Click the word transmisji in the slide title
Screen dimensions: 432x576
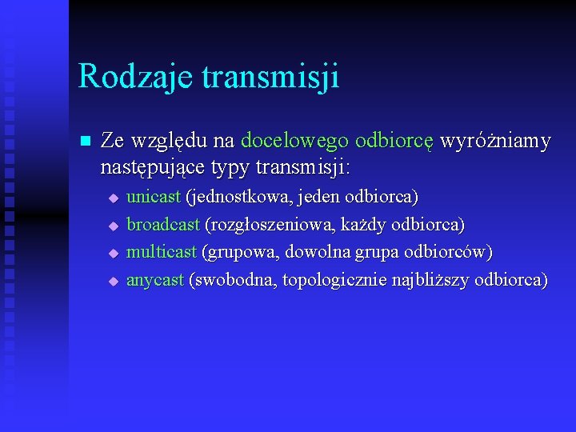coord(270,78)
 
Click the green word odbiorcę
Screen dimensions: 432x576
coord(394,142)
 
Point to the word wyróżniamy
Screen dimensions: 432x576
coord(496,142)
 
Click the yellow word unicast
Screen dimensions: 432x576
coord(154,196)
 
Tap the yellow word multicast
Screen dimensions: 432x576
coord(161,252)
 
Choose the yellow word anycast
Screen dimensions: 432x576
coord(155,280)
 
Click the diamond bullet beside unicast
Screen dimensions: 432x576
coord(114,197)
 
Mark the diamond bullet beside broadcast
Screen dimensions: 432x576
coord(114,225)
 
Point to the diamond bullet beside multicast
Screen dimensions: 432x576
coord(114,253)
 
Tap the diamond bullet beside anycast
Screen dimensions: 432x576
coord(114,281)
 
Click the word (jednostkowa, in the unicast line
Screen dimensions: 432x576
coord(234,196)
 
